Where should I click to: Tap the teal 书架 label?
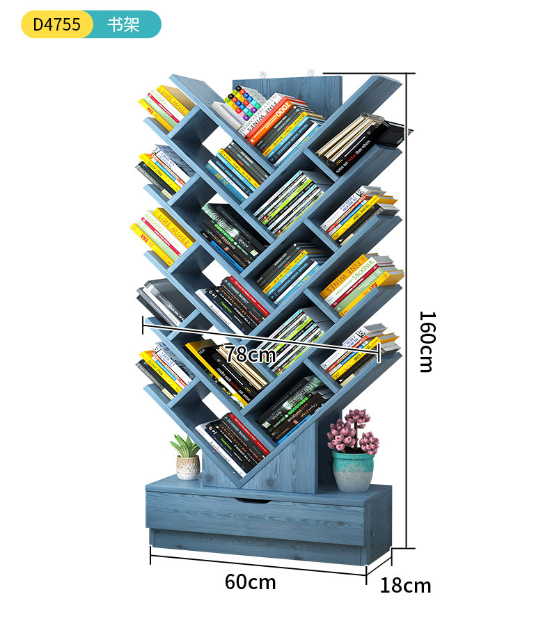[124, 24]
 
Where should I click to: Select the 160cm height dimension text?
[426, 341]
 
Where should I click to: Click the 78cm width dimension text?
[250, 354]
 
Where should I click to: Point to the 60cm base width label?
[250, 581]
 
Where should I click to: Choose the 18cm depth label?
[405, 586]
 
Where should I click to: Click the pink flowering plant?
[352, 431]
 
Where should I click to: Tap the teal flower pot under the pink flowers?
[352, 470]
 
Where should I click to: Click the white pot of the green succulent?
[187, 467]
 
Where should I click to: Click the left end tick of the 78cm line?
[143, 324]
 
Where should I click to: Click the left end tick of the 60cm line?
[151, 555]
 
